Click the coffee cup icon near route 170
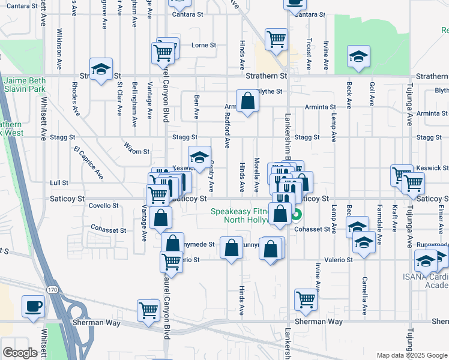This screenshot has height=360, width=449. point(33,306)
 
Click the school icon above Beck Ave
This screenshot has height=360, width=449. point(358,56)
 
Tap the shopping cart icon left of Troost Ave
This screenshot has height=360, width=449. point(276,39)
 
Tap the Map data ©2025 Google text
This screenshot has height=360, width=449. point(411,355)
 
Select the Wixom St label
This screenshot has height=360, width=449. point(136,151)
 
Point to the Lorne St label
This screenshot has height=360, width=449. point(203,45)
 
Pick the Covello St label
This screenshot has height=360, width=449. point(104,205)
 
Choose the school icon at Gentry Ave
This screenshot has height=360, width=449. point(200,158)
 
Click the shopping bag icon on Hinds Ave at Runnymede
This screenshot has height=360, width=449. point(231,248)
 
